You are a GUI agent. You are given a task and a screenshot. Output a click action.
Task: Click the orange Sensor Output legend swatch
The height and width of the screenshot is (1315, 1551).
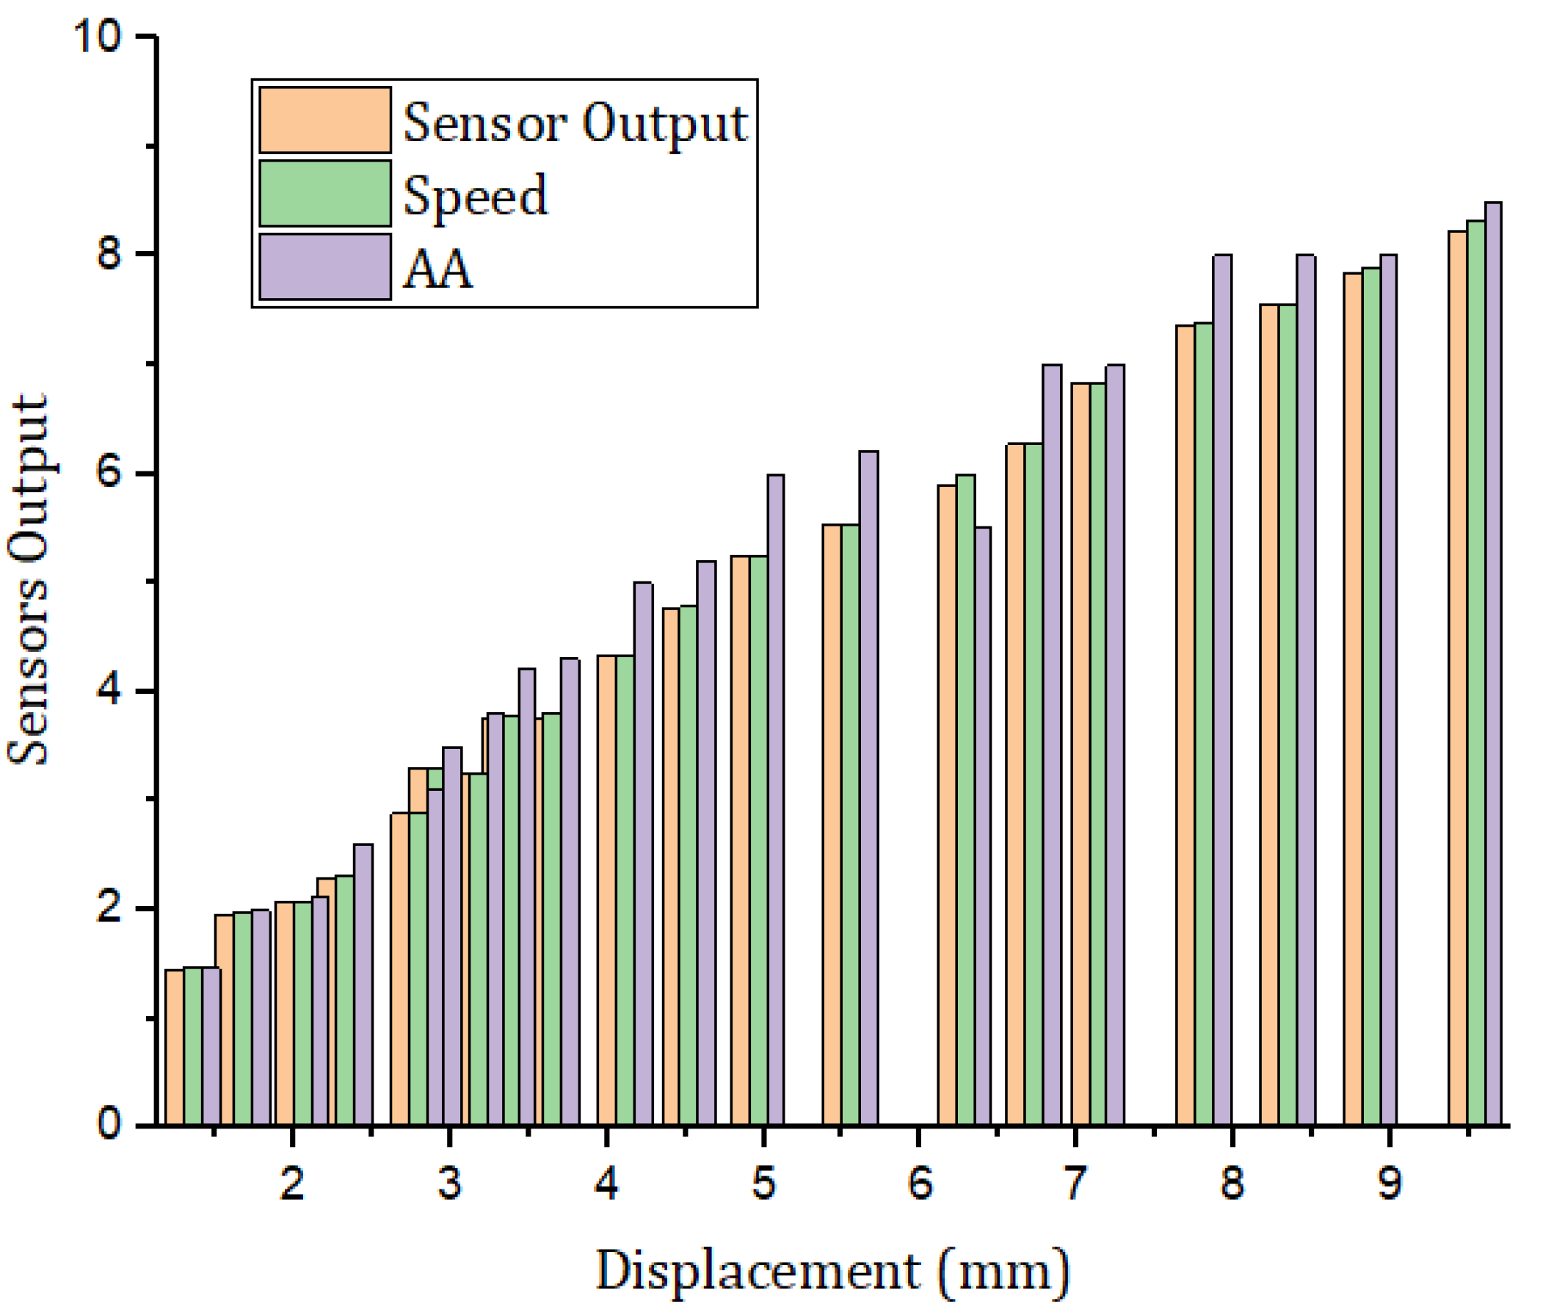click(324, 120)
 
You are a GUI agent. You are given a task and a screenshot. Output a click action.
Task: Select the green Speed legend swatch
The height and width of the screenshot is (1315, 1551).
click(324, 193)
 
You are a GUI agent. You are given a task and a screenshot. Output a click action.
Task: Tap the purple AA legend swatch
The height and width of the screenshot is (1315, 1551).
click(324, 266)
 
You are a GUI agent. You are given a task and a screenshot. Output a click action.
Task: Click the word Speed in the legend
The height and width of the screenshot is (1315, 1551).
click(475, 196)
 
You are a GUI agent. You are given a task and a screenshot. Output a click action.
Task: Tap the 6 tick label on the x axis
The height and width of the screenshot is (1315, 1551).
click(920, 1183)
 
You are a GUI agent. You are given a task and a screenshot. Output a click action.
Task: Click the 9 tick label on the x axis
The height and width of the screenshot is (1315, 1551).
click(1390, 1183)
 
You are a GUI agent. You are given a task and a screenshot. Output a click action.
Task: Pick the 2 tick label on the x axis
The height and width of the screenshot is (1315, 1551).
click(292, 1183)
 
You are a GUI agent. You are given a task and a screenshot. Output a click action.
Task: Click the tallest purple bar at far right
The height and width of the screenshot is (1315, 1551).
click(1493, 664)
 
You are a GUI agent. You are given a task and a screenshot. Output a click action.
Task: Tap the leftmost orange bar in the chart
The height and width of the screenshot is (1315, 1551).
click(174, 1048)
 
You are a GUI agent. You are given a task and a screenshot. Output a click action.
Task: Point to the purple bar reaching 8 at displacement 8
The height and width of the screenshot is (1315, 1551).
click(1221, 689)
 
